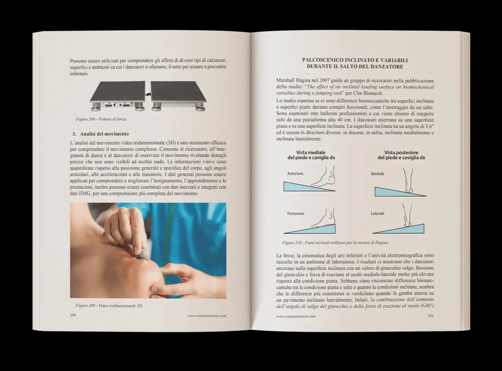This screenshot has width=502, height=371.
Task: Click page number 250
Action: pos(73,315)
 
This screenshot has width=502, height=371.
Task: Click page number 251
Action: pos(431,315)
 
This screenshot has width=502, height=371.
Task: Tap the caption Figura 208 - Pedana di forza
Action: pos(101,119)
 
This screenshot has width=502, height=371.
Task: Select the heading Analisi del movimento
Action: pos(104,134)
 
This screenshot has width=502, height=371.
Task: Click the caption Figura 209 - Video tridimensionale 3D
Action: pos(109,306)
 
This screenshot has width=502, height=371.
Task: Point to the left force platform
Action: pos(118,94)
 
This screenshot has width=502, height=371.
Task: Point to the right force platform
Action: pos(178,94)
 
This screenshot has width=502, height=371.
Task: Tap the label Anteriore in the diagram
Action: pos(295,174)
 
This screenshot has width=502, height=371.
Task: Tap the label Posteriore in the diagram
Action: pos(295,213)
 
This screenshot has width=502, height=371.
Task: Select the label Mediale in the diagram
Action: pos(377,174)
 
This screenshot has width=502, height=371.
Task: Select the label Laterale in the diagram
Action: pos(377,213)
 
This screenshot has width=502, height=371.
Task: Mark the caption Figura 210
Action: pos(335,242)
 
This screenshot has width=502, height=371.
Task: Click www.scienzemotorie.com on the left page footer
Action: pos(207,315)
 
